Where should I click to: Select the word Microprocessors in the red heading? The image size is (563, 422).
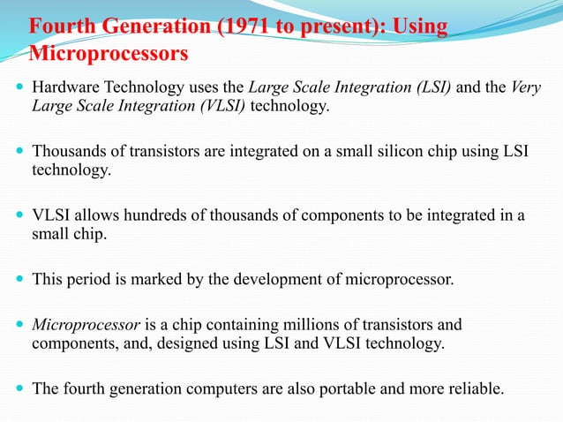point(109,54)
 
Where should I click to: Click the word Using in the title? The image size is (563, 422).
point(419,26)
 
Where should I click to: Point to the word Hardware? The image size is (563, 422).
point(63,88)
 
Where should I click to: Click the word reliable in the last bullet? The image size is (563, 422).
point(473,388)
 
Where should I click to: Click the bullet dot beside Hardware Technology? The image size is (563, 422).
point(19,89)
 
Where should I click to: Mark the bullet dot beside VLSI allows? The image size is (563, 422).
point(19,216)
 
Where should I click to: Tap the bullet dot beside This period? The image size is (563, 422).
point(19,280)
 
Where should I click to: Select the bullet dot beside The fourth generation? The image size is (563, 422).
point(19,388)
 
